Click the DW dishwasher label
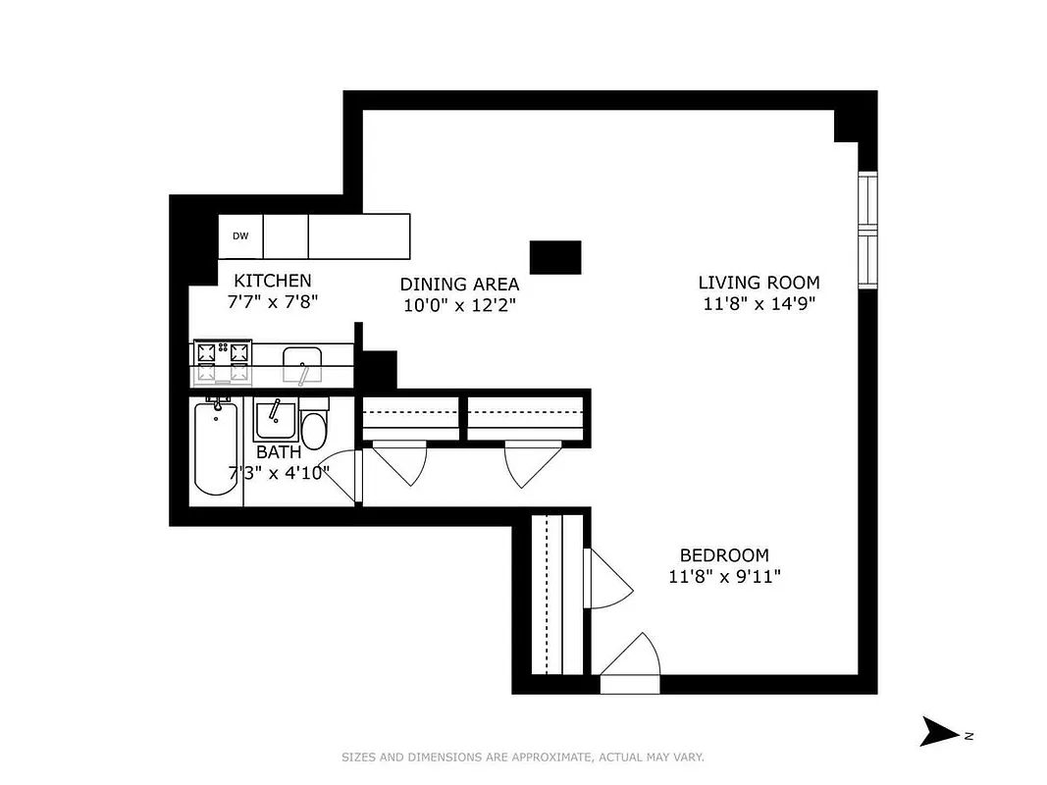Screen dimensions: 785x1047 point(240,235)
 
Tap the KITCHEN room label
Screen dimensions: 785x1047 point(272,281)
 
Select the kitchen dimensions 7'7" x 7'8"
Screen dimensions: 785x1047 point(273,302)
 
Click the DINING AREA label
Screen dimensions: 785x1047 point(458,285)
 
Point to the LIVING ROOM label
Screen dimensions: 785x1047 point(760,283)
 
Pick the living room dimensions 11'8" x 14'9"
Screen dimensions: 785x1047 point(760,304)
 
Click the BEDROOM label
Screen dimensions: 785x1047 point(724,555)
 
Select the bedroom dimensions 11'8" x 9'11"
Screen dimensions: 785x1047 point(724,577)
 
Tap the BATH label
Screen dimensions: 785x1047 point(279,452)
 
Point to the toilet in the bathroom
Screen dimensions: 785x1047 point(314,427)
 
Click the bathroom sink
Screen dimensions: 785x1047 point(276,420)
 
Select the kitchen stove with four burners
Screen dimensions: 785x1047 point(223,361)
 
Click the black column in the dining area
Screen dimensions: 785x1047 point(555,257)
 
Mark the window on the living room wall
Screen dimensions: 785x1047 point(867,231)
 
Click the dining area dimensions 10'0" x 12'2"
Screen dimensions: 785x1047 point(458,305)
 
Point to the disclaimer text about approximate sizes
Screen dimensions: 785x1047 point(523,757)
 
